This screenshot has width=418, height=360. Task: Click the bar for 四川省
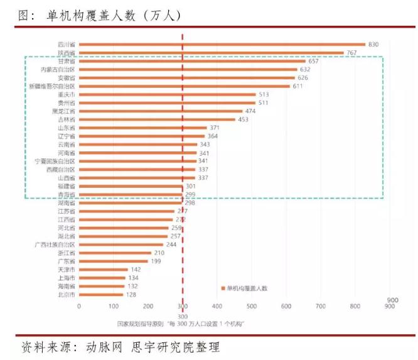tap(222, 45)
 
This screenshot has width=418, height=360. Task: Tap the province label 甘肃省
tap(67, 62)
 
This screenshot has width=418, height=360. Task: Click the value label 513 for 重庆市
tap(264, 94)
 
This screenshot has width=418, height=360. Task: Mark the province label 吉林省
tap(67, 119)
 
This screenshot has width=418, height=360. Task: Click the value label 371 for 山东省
tap(215, 128)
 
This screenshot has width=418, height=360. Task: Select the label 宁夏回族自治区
tap(55, 161)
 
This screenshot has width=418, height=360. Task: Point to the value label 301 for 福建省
tap(190, 186)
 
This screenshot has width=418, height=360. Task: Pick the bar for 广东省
tap(113, 261)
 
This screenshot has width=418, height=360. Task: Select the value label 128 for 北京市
tap(131, 294)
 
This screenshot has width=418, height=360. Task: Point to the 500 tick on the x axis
tap(252, 306)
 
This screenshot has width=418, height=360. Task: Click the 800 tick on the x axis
tap(355, 306)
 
